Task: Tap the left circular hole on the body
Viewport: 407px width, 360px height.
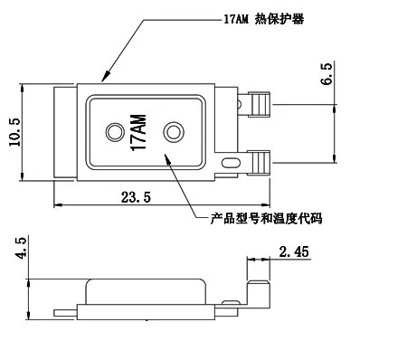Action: [x=112, y=133]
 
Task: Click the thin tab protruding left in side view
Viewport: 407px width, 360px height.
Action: [x=65, y=313]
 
